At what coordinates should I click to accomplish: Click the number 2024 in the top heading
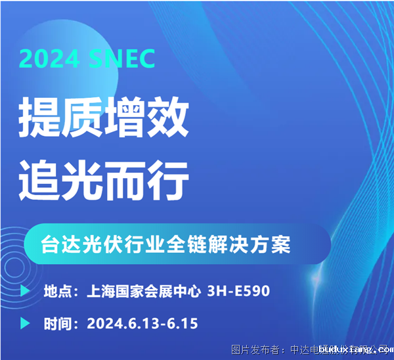[49, 58]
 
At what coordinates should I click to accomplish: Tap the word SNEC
[121, 58]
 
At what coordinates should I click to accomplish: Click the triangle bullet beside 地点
[25, 290]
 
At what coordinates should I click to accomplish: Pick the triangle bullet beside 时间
[25, 323]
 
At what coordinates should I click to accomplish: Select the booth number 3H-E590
[238, 290]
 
